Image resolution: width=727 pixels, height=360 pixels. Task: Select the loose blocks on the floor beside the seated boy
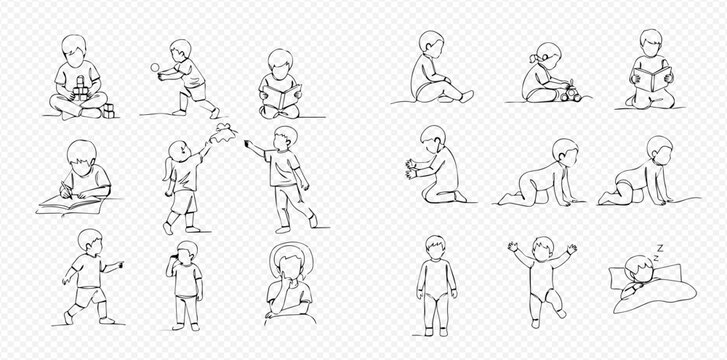pyautogui.click(x=107, y=110)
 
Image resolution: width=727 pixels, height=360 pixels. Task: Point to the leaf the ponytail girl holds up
pyautogui.click(x=225, y=129)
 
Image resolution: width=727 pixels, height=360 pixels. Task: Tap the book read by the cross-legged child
pyautogui.click(x=280, y=98)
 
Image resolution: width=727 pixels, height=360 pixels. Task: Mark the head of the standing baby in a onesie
pyautogui.click(x=435, y=246)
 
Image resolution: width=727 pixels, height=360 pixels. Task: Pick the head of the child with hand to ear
pyautogui.click(x=187, y=250)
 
